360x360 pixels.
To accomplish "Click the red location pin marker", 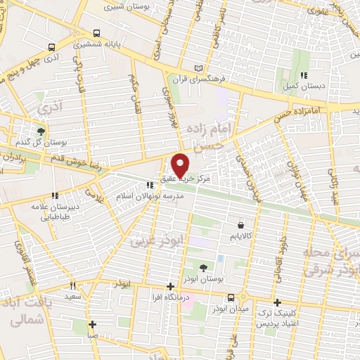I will point(181,164).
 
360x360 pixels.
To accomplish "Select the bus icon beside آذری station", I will point(51,48).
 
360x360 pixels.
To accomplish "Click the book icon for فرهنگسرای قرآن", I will point(198,67).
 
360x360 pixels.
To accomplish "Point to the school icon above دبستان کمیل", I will point(304,75).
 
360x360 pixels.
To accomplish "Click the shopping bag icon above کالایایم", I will point(241,226).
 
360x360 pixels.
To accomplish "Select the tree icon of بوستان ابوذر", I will point(203,267).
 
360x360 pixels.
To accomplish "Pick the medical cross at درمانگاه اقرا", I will point(171,286).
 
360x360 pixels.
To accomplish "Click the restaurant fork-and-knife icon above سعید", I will point(72,286).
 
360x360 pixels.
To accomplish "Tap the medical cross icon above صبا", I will point(92,324).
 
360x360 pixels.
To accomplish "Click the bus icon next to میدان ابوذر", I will point(231,336).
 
